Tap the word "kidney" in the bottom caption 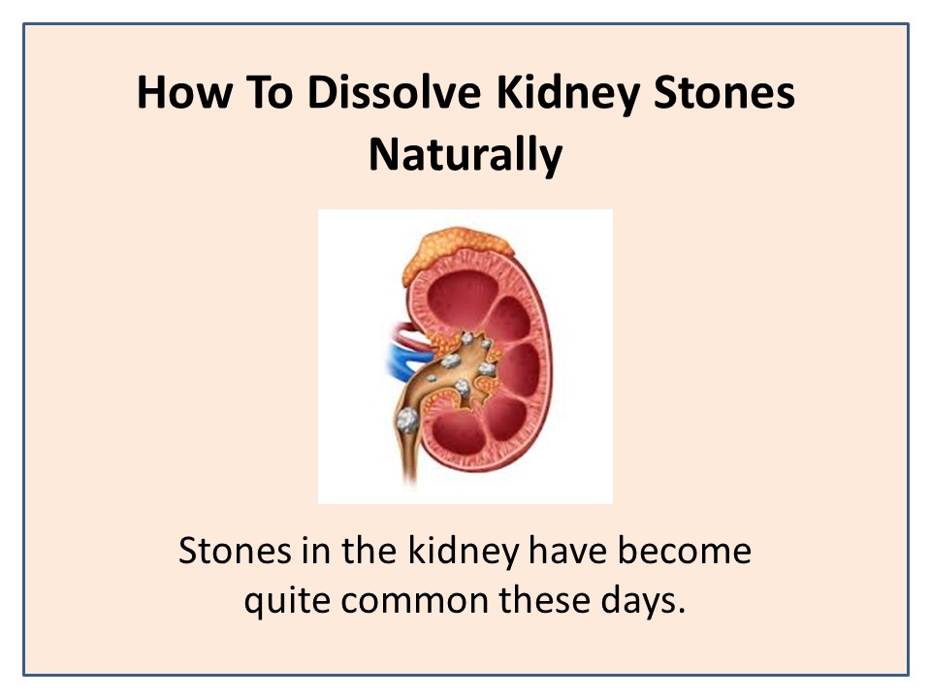[x=464, y=552]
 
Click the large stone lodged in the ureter [x=407, y=420]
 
